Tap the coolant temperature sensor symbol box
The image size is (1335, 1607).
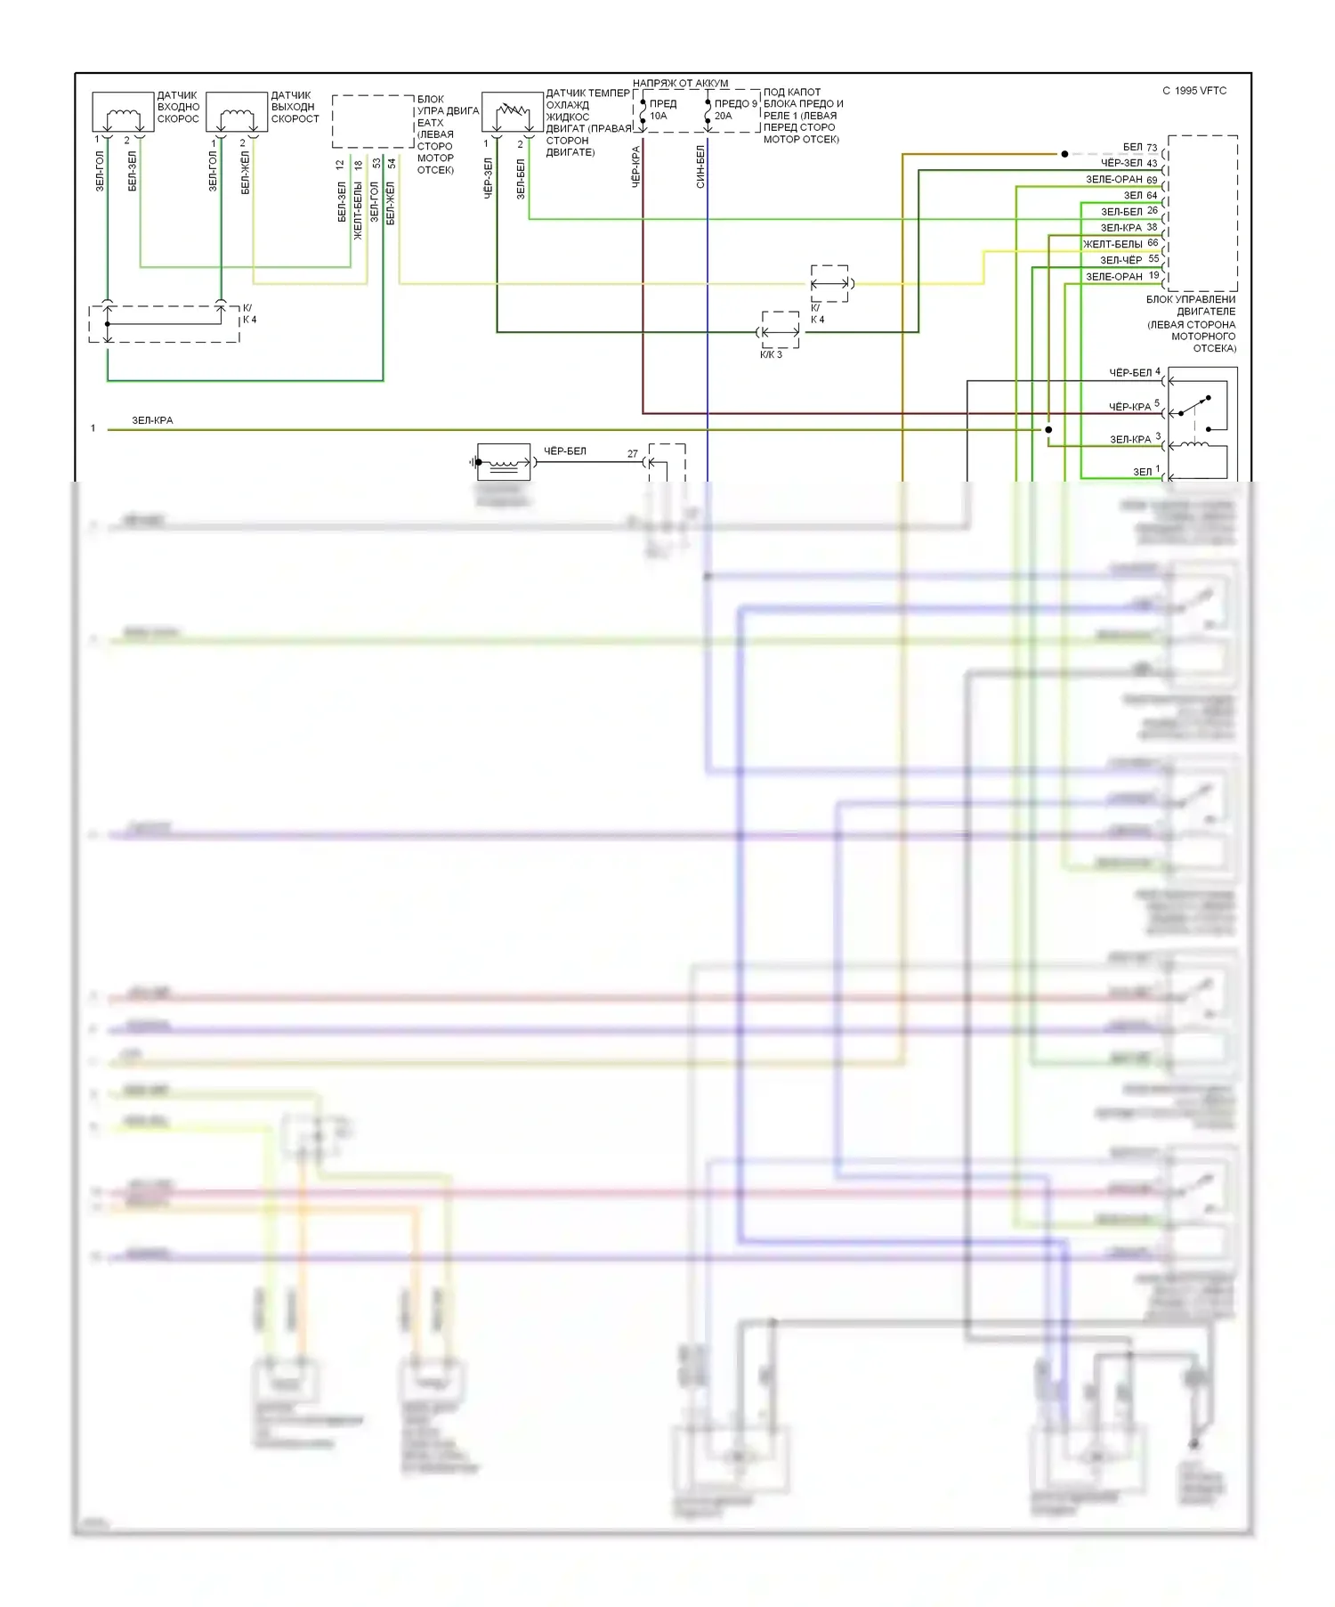coord(512,112)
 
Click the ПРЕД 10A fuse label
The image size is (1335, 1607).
coord(662,110)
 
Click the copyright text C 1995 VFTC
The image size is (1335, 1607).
coord(1193,91)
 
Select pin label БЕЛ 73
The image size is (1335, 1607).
coord(1139,147)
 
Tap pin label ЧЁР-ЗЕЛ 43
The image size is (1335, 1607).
coord(1129,163)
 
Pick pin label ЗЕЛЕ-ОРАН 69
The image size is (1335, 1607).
coord(1121,179)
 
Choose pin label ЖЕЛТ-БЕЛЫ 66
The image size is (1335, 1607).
coord(1120,243)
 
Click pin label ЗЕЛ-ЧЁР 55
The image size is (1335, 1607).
coord(1129,260)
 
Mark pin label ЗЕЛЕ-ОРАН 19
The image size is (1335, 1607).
coord(1121,276)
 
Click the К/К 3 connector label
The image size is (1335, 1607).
coord(771,354)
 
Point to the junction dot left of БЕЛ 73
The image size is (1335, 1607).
coord(1064,154)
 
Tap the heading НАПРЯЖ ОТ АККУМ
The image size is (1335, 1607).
coord(680,83)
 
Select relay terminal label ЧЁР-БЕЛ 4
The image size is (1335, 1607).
coord(1134,372)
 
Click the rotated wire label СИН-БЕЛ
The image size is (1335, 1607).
coord(700,166)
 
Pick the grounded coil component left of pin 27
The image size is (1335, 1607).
coord(504,461)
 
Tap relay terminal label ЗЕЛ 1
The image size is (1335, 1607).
coord(1146,471)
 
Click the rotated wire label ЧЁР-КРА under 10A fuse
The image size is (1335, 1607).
coord(635,166)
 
